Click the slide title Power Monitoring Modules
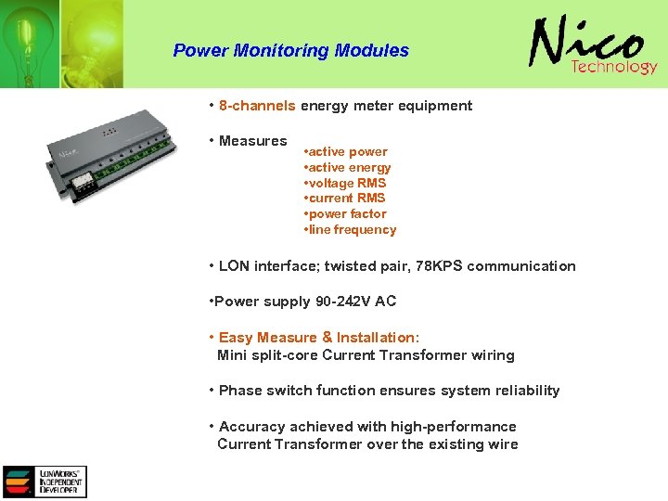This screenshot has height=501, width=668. coord(290,50)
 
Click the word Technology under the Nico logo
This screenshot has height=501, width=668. coord(613,67)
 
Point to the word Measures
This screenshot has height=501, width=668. coord(252,141)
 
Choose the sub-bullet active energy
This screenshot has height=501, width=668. coord(348,167)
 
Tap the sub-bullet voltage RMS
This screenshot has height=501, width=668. coord(345,183)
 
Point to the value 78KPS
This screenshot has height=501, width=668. coord(441,266)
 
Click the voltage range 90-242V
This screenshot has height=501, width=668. coord(339,302)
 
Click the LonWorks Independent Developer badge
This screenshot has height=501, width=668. coord(45,482)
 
